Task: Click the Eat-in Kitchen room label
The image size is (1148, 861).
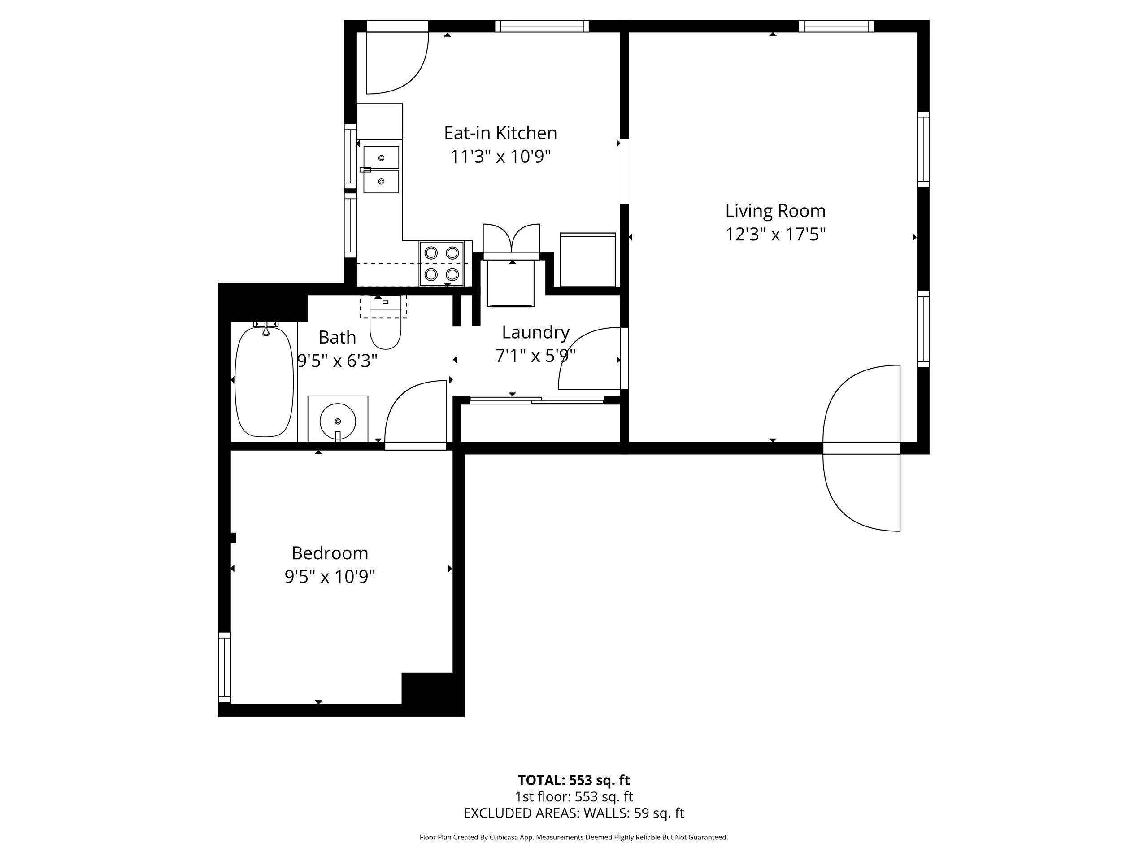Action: (x=500, y=133)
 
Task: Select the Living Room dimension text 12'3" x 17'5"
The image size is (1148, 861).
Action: (x=775, y=235)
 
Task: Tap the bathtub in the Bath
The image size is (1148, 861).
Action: (x=264, y=380)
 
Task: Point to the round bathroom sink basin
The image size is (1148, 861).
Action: (x=337, y=421)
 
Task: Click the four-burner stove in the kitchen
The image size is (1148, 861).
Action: (x=441, y=263)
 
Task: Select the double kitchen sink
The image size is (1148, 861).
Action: (x=381, y=170)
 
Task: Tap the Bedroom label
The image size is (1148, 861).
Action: (x=330, y=553)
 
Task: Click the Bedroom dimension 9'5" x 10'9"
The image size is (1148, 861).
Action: (x=330, y=577)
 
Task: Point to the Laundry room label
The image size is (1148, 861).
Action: (x=535, y=332)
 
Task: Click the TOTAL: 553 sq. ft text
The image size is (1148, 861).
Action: (x=574, y=780)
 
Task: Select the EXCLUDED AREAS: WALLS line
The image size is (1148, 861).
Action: (x=574, y=813)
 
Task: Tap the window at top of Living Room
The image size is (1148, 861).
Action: (x=836, y=26)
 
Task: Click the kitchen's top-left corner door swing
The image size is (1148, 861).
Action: (x=397, y=62)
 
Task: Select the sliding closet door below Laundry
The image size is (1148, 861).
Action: (x=537, y=400)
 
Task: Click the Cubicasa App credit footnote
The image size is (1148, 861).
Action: (x=574, y=837)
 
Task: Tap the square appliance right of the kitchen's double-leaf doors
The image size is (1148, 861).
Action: (x=587, y=260)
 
